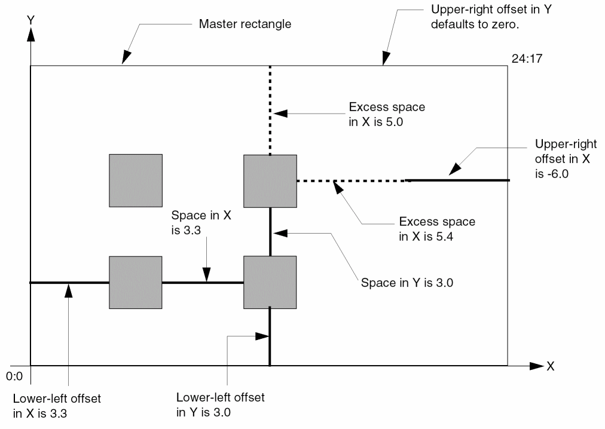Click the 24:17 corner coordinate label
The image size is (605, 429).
tap(524, 59)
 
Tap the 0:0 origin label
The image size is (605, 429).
tap(13, 377)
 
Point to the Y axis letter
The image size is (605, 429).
tap(29, 20)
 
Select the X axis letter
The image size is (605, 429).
tap(550, 366)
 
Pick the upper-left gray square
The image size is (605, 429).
tap(135, 180)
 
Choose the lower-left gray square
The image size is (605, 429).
tap(135, 282)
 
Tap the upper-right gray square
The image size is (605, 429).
tap(270, 180)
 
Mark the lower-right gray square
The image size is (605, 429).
tap(270, 282)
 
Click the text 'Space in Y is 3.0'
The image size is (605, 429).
tap(407, 282)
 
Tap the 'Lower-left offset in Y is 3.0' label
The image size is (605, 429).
tap(221, 405)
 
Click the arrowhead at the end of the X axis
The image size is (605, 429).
tap(536, 366)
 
